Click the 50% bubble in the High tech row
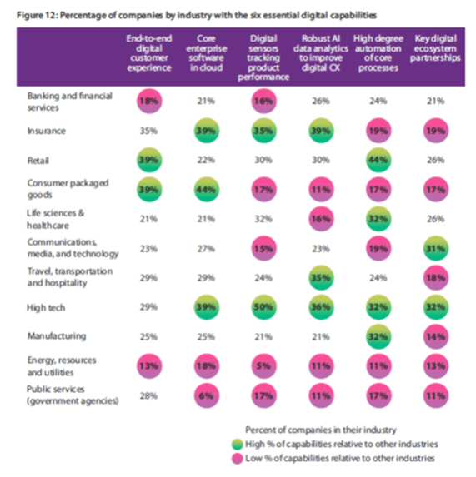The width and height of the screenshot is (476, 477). pos(263,307)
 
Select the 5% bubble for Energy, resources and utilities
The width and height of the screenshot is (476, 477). pos(263,366)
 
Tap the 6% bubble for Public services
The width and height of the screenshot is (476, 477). pos(207,395)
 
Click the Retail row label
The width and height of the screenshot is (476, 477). pos(38,161)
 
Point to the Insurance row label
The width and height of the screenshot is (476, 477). pos(47,131)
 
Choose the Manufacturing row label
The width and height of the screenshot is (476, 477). pos(57,336)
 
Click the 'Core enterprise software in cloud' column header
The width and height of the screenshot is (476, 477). pos(207,53)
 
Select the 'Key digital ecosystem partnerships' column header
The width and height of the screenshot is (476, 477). pos(435,48)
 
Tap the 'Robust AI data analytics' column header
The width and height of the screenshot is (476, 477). pos(321,53)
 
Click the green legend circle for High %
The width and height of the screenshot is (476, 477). pos(238,445)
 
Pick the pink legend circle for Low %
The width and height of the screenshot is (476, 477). pos(238,458)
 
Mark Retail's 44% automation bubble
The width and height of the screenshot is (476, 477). pos(378,160)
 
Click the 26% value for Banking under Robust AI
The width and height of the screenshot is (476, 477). pos(321,101)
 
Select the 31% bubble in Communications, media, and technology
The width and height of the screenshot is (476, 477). pos(436,248)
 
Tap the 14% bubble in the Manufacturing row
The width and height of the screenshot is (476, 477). pos(436,336)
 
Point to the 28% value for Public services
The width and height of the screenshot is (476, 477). pos(148,395)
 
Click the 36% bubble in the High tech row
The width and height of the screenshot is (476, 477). pos(321,307)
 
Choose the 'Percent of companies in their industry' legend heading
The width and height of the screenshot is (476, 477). pos(321,430)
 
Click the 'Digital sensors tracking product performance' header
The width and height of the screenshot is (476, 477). pos(263,57)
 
